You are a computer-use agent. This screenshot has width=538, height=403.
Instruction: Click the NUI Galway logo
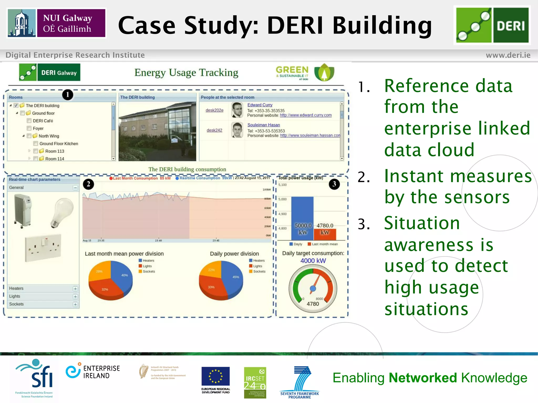click(x=56, y=23)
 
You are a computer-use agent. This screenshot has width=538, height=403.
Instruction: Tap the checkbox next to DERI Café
click(x=29, y=121)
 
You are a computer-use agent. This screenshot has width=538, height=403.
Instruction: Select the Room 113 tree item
click(x=55, y=151)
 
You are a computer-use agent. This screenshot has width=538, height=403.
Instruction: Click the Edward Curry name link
click(x=260, y=105)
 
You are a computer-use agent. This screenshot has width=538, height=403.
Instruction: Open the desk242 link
click(x=214, y=130)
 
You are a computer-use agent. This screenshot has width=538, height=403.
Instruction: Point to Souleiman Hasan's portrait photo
click(x=237, y=130)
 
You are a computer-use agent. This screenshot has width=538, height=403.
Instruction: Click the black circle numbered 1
click(x=68, y=95)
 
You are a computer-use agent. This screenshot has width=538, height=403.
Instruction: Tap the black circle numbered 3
click(x=334, y=184)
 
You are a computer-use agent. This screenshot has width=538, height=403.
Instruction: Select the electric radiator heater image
click(x=23, y=210)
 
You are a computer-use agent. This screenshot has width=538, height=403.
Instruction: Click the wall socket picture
click(x=43, y=248)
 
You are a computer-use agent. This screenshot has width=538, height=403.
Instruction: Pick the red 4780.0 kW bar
click(x=325, y=234)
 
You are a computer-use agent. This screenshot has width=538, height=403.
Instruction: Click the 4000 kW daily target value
click(x=313, y=261)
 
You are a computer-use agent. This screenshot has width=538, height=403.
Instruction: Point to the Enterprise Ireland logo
click(x=93, y=372)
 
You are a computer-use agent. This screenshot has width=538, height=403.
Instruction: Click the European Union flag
click(x=215, y=376)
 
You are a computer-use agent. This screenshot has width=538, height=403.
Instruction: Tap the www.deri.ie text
click(x=508, y=55)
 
